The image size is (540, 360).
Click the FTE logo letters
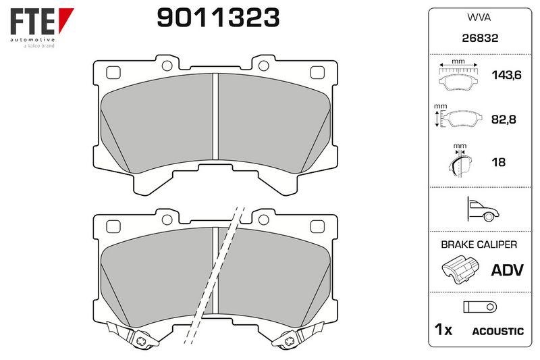coord(32,21)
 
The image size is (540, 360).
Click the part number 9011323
coord(218,18)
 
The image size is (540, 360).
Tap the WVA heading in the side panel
coord(479,18)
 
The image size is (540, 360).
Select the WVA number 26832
coord(480,38)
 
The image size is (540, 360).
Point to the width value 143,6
coord(507,75)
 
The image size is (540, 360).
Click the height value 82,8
coord(504,119)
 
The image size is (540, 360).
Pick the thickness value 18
coord(498,162)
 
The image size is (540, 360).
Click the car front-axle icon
coord(483,209)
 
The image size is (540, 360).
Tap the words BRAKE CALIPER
coord(479,245)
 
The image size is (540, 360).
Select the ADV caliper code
coord(508,269)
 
